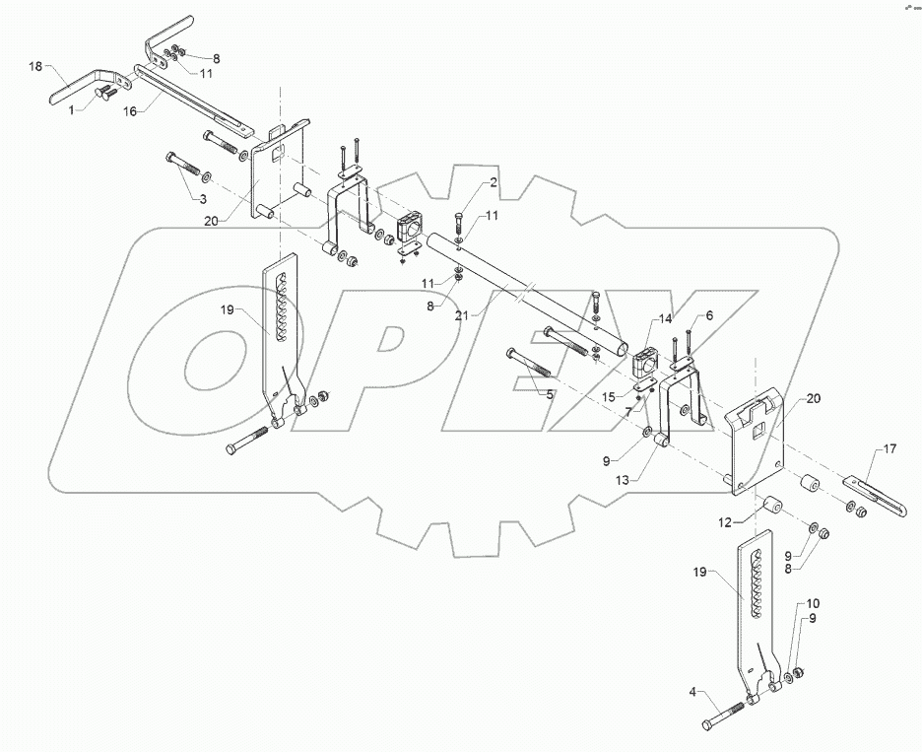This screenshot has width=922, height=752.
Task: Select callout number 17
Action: click(889, 450)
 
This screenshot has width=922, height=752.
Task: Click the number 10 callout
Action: click(813, 603)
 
